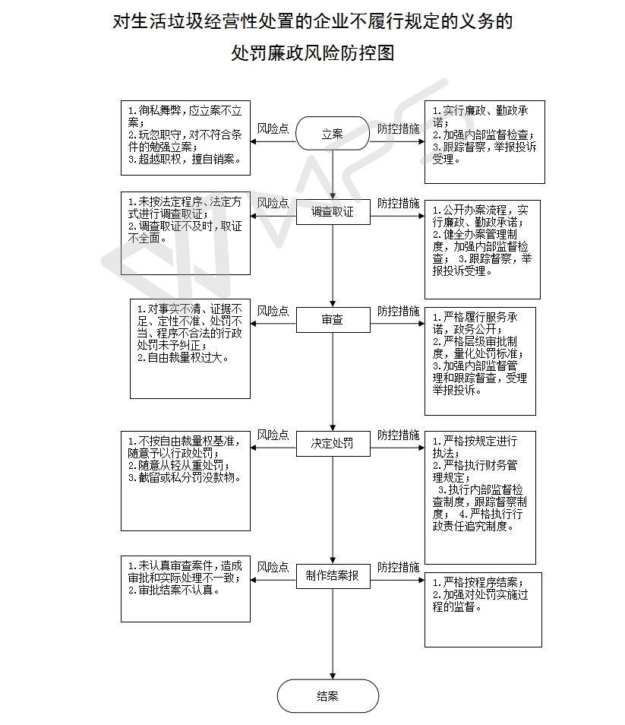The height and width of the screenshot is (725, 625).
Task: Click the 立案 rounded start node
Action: [332, 134]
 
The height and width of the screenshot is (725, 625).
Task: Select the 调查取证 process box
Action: [332, 213]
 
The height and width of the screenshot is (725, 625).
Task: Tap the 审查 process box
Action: [332, 321]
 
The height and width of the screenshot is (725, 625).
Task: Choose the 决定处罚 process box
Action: [332, 443]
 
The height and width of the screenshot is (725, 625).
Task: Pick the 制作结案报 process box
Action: [332, 577]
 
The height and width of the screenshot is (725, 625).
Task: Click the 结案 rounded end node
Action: [327, 696]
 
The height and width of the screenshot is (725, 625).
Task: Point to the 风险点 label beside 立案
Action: [273, 128]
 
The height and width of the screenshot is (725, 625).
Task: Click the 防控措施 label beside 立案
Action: [398, 128]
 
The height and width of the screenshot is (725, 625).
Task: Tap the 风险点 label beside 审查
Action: [273, 311]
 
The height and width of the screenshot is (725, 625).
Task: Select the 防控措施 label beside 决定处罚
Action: [398, 435]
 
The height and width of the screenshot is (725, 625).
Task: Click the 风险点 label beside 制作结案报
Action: [273, 567]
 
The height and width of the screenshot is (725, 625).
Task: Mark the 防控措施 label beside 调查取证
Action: [398, 203]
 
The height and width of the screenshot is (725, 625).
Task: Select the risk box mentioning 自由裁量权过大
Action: [191, 349]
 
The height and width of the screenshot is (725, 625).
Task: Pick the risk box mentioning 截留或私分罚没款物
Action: [185, 481]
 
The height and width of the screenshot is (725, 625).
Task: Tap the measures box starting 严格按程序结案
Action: [483, 609]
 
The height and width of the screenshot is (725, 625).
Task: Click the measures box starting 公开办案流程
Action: [482, 249]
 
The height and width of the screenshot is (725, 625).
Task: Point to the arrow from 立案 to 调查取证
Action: [333, 176]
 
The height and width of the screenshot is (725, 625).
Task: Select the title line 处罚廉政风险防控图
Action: [312, 54]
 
